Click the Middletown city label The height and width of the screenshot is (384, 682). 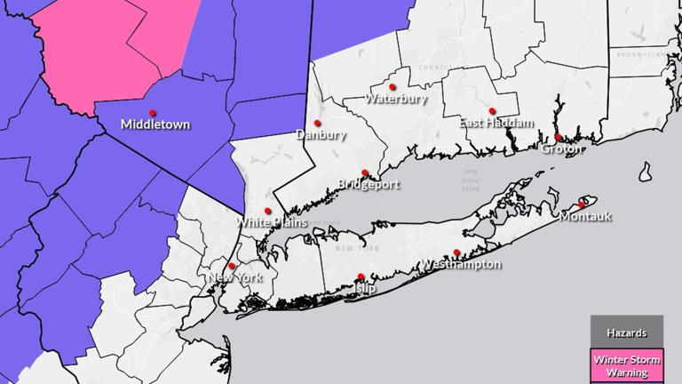pos(155,124)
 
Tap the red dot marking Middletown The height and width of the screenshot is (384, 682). pos(153,113)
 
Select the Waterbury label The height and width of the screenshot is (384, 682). pos(396,99)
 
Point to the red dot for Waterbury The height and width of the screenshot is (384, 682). pos(393,87)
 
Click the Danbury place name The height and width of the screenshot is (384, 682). pos(318,135)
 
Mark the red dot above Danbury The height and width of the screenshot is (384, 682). pos(317,123)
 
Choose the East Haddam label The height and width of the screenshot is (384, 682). pos(496,123)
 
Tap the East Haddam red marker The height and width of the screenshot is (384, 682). pos(492,111)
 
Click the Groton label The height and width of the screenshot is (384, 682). pos(561,148)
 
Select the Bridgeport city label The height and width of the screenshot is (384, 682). pos(369,185)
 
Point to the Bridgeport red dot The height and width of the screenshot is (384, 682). pos(365,173)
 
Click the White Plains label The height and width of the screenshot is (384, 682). pos(272,222)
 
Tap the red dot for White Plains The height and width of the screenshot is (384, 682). pos(268,211)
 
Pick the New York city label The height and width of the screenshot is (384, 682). pos(235,278)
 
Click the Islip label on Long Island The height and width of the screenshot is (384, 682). pos(364,289)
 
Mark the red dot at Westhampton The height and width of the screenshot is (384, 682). pos(456,252)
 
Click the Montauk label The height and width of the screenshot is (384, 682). pos(586,216)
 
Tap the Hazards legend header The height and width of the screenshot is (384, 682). pos(627,332)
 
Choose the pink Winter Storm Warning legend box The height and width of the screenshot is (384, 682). pos(627,365)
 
